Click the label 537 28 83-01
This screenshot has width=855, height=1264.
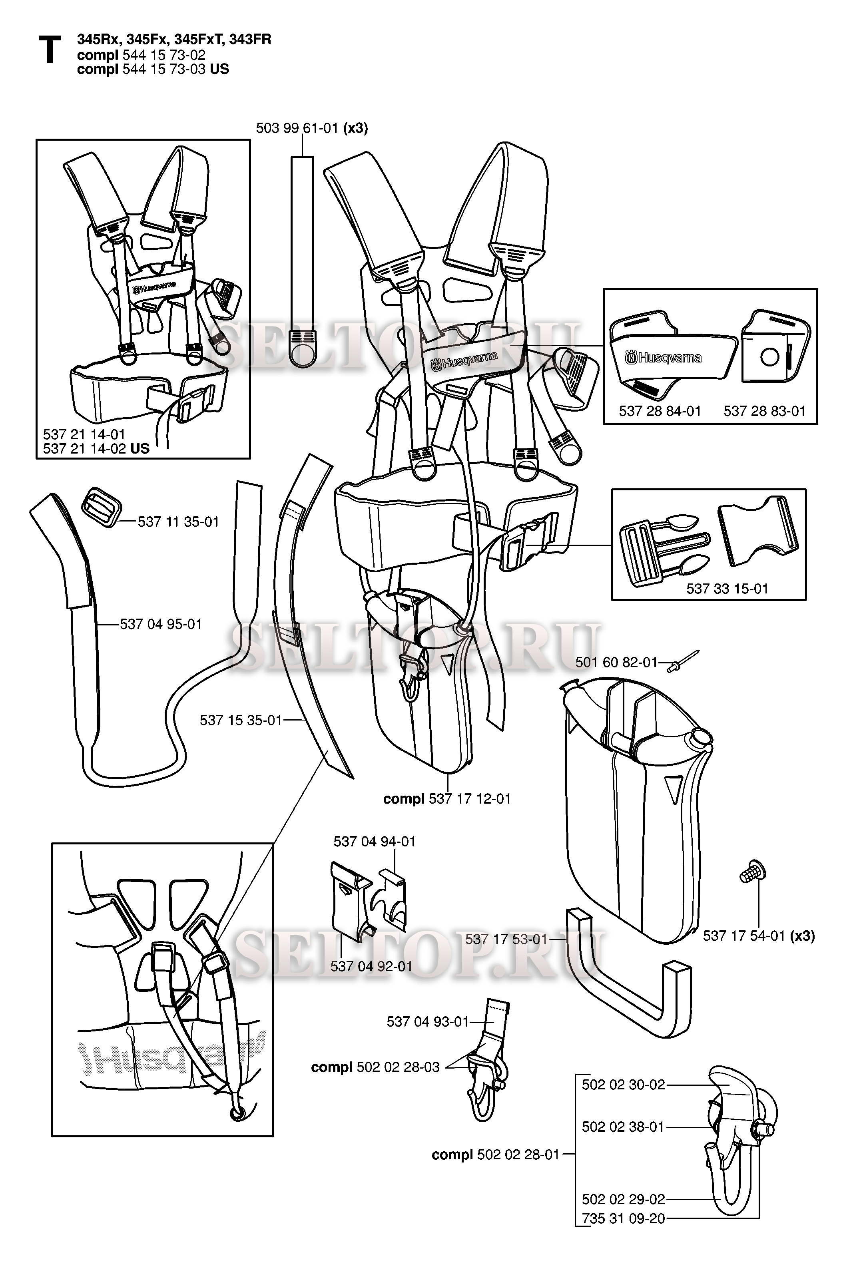point(764,411)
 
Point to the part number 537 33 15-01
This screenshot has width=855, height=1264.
point(727,589)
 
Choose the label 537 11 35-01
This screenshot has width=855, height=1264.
point(178,522)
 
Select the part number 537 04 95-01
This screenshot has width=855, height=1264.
point(160,624)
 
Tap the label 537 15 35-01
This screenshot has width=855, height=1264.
point(241,720)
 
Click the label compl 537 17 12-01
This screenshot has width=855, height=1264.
point(446,799)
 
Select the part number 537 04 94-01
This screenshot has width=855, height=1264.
point(374,841)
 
